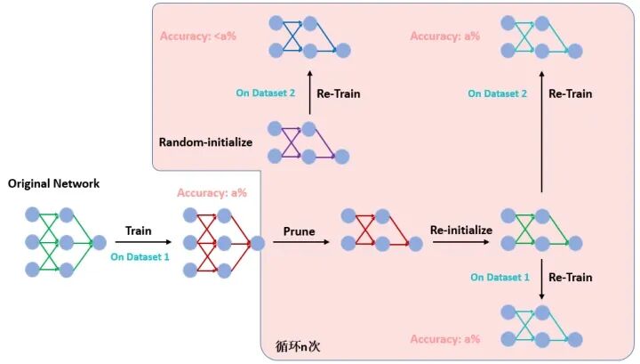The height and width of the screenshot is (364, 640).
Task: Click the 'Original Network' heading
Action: coord(54,184)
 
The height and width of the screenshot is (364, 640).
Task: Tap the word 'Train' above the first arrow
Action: coord(139,230)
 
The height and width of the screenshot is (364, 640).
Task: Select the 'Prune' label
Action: coord(300,231)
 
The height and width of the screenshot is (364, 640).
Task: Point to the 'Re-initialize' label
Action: coord(460,230)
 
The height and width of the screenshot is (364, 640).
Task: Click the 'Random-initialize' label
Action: coord(206,142)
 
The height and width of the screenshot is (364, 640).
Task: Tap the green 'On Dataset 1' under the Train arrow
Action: coord(139,257)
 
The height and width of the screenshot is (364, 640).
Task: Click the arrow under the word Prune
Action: coord(300,242)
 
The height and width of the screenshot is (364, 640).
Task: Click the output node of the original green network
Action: coord(99,242)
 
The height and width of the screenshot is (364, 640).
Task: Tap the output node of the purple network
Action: coord(343,158)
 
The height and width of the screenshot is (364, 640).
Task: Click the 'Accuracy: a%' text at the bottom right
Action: coord(444,339)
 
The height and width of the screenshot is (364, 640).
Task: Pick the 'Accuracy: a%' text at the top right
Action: coord(444,36)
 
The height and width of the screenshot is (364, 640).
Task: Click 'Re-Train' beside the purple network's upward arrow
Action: coord(339,93)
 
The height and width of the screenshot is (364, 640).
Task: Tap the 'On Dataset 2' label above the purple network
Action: coord(264,93)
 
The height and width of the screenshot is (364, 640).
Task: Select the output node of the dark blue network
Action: coord(343,49)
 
